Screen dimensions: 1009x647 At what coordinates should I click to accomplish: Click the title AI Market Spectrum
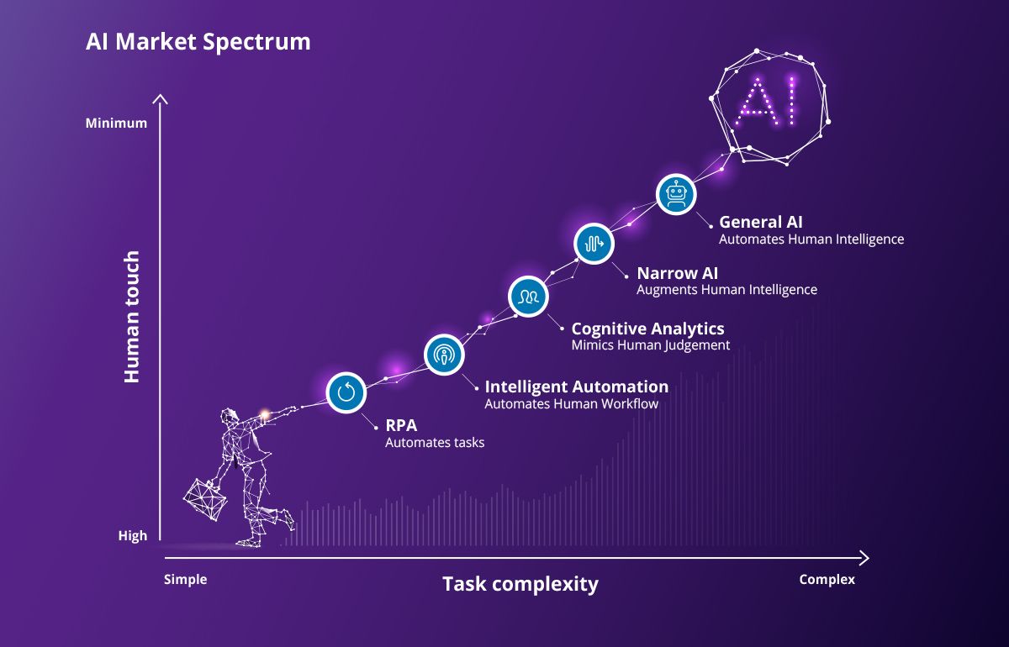point(198,42)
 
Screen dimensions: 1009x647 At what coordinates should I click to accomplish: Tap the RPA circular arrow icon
point(346,392)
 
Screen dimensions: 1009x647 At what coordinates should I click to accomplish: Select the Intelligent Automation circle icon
point(444,355)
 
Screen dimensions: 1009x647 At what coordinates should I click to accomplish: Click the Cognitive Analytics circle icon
point(528,297)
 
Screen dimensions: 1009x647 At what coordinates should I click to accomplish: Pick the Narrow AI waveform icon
point(594,244)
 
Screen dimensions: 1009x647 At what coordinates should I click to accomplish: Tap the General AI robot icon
point(676,194)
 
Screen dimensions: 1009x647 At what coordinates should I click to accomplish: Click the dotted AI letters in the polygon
point(765,102)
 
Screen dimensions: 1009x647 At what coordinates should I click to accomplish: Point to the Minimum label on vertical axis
point(116,123)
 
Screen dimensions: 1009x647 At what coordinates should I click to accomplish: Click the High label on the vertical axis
point(133,536)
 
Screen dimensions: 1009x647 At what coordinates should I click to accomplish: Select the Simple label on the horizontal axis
point(185,580)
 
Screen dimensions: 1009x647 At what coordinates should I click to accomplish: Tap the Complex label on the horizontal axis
point(827,580)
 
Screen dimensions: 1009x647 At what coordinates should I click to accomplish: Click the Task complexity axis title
point(520,585)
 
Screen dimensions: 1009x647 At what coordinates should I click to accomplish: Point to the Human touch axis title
point(131,317)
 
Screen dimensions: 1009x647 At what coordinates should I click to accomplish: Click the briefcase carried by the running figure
point(205,499)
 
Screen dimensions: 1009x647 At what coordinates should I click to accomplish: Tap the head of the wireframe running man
point(229,417)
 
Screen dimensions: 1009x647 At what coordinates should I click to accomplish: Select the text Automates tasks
point(435,443)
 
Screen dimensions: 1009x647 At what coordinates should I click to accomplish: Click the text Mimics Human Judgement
point(651,345)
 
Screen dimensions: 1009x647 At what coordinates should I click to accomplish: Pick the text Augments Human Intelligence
point(726,290)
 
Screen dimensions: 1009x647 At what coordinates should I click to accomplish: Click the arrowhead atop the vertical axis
point(160,98)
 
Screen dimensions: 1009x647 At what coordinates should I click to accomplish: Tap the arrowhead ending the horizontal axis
point(865,558)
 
